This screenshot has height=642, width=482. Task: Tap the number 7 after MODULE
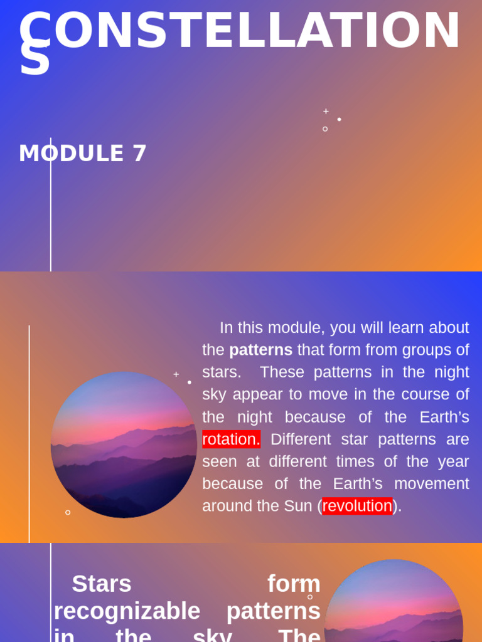click(139, 154)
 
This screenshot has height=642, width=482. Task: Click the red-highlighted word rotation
click(231, 439)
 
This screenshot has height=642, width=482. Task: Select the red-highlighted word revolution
click(357, 506)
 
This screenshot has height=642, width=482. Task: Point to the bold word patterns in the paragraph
click(260, 350)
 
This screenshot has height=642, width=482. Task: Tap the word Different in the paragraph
click(300, 439)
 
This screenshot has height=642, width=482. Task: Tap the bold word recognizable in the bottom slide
click(127, 611)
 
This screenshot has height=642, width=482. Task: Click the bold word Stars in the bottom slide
click(102, 584)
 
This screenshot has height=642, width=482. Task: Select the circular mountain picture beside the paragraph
click(124, 445)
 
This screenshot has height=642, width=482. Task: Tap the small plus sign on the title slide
click(326, 111)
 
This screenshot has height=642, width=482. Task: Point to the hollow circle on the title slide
click(325, 129)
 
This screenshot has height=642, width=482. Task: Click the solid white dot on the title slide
click(340, 119)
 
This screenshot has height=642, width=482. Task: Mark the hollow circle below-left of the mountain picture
click(68, 512)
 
